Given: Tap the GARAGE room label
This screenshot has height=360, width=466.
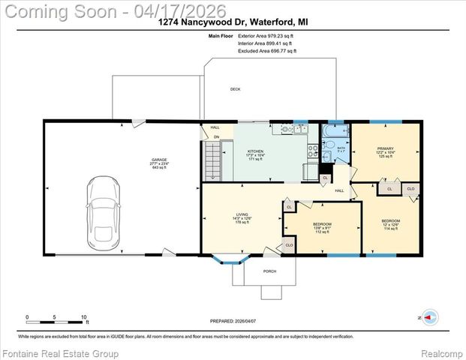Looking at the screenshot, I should coord(159,160).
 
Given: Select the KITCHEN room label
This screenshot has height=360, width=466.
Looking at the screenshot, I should coord(256,151).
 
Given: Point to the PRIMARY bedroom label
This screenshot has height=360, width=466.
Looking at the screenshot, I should coord(385,149).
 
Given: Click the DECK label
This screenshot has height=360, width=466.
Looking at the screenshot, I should coord(235,89).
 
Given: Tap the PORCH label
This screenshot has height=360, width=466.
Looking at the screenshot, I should coord(270,271).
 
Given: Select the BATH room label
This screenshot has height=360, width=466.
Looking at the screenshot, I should coord(340,148).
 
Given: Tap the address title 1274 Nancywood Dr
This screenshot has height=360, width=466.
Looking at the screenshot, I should coord(233,22).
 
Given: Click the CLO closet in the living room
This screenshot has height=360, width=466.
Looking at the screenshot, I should coord(289,244).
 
